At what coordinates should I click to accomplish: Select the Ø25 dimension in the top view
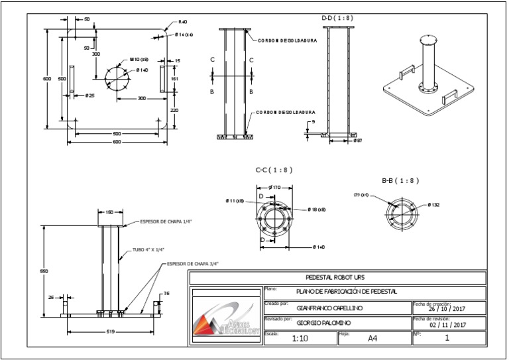[90, 95]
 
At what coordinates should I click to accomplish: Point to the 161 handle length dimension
[174, 78]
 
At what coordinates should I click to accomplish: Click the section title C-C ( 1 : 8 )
[274, 170]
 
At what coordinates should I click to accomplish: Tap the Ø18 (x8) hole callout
[317, 209]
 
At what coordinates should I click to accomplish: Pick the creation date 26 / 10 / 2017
[449, 308]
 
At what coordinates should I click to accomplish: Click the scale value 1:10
[300, 337]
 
